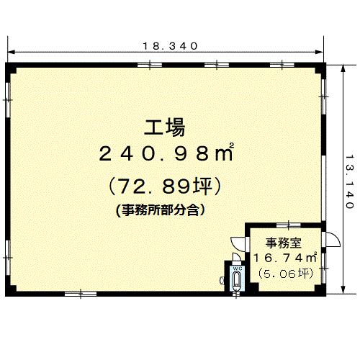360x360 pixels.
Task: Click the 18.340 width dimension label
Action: (x=170, y=46)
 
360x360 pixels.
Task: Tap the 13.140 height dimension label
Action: (x=350, y=181)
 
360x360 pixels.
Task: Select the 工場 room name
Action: (x=165, y=127)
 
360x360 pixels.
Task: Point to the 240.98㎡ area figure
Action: (x=166, y=152)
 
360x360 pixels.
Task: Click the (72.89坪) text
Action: (x=165, y=186)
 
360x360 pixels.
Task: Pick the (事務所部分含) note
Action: (x=161, y=210)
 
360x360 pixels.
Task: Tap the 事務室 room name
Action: (x=283, y=243)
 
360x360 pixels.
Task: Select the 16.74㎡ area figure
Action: (x=285, y=258)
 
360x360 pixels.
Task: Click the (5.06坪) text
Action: (x=286, y=274)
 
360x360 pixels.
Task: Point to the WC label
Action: (x=237, y=269)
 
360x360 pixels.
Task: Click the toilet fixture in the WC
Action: (x=237, y=282)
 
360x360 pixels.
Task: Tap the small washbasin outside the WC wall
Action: (x=222, y=280)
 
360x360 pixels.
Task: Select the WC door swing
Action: (x=237, y=256)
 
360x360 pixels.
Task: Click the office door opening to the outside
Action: (x=331, y=240)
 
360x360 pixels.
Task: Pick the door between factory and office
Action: (x=238, y=244)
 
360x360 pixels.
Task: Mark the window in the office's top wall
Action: (x=289, y=225)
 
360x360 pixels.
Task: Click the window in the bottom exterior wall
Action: (x=81, y=294)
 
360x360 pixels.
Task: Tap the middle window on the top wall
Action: (x=217, y=65)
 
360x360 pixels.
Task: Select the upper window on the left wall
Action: (x=8, y=100)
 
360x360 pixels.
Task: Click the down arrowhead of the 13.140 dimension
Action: (x=343, y=289)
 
